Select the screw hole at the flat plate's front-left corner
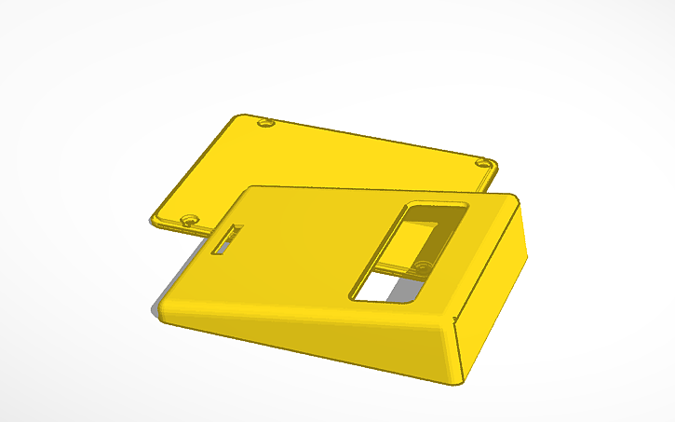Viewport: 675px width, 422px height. [x=190, y=220]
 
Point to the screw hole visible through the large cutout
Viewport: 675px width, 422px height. [x=423, y=267]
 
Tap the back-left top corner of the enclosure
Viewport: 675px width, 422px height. [x=250, y=187]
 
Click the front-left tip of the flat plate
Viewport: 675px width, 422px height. [x=152, y=222]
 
